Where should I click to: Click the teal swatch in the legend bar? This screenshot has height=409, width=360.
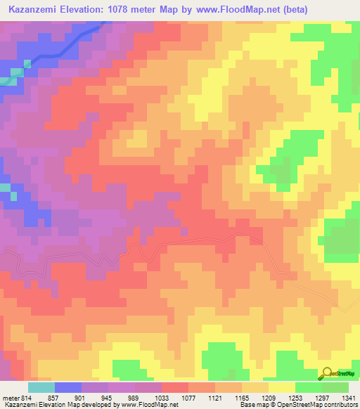click(x=41, y=387)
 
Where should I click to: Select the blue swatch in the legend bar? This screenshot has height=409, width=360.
click(x=68, y=387)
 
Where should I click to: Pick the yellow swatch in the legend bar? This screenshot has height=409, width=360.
click(x=282, y=387)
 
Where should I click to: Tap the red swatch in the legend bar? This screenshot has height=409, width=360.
click(x=175, y=387)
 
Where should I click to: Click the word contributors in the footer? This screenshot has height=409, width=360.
click(x=338, y=405)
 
